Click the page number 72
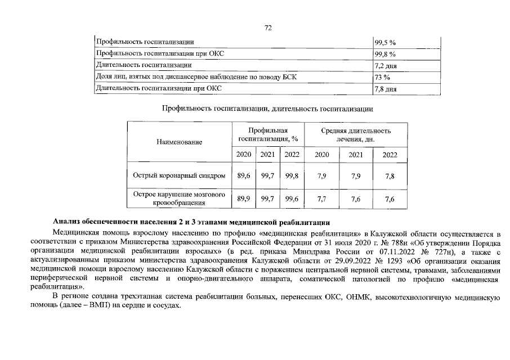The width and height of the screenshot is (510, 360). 267,29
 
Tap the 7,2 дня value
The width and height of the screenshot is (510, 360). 386,65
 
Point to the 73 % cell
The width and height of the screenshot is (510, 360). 383,77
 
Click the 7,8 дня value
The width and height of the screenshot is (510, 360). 386,89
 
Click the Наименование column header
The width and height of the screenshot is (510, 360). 179,142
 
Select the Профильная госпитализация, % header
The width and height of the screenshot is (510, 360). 268,134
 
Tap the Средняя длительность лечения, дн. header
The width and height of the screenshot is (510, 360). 356,134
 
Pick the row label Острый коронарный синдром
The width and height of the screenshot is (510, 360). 179,176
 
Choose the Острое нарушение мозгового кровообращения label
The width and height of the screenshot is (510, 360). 179,199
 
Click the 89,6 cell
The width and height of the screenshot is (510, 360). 244,176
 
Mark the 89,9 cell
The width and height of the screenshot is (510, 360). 244,199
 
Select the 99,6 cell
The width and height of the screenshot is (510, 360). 292,199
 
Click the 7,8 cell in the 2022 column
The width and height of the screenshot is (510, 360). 390,176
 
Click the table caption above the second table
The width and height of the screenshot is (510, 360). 267,108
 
